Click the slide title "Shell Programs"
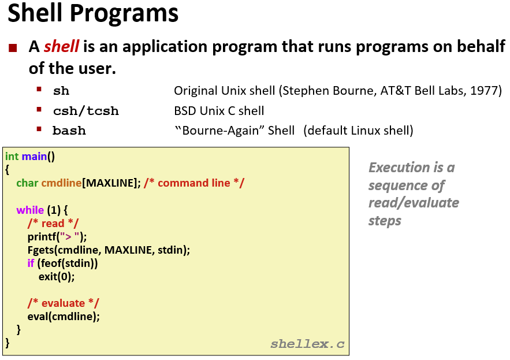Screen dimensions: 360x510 (93, 14)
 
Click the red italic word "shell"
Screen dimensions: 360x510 (61, 47)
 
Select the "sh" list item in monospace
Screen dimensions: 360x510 (61, 91)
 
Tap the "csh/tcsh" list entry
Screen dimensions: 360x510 (85, 111)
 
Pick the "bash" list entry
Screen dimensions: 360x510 (69, 131)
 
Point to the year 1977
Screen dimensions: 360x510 (487, 91)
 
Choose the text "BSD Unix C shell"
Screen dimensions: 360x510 (219, 110)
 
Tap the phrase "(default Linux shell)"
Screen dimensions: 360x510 (360, 130)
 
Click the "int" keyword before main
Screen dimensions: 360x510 (12, 157)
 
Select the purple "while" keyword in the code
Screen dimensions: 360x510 (29, 210)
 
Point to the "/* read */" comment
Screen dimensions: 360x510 (53, 223)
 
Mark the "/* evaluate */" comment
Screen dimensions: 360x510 (63, 303)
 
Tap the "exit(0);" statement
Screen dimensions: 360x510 (57, 276)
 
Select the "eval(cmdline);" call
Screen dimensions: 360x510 (64, 316)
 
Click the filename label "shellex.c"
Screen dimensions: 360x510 (307, 344)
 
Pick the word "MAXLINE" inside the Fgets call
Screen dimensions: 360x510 (127, 250)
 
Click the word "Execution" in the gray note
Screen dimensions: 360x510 (399, 168)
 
